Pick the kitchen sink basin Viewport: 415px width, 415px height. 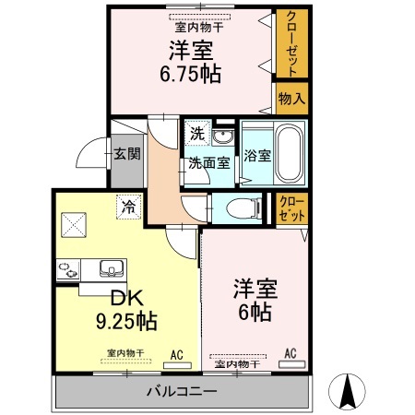point(113,269)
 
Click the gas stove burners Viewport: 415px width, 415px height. point(67,270)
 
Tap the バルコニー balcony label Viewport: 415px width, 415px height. point(182,391)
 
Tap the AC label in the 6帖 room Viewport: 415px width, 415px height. point(290,353)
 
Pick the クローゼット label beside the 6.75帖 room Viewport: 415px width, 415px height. point(290,43)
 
